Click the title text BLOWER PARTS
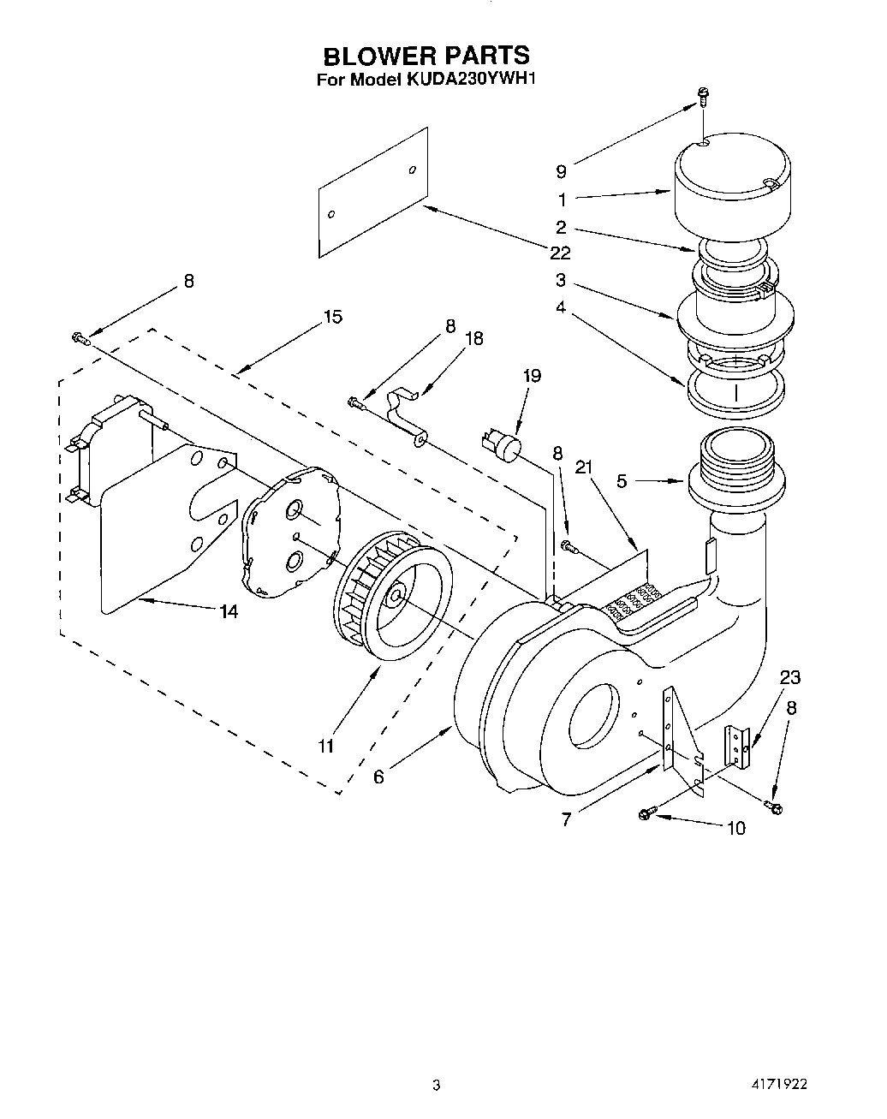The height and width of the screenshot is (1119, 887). tap(426, 56)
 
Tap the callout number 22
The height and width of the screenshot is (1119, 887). tap(561, 253)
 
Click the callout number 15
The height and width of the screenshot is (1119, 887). tap(332, 317)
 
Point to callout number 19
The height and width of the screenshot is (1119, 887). tap(531, 375)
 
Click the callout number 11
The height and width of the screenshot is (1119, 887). tap(325, 746)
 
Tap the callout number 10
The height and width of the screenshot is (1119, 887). tap(735, 827)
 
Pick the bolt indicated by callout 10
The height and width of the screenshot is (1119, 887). tap(647, 813)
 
